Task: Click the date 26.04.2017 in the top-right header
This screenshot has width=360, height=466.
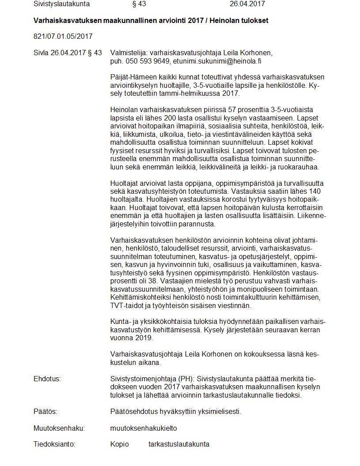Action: (x=247, y=4)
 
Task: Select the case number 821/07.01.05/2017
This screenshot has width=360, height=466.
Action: (x=63, y=36)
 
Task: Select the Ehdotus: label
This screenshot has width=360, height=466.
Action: (x=47, y=379)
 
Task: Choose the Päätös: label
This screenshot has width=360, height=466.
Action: (x=45, y=412)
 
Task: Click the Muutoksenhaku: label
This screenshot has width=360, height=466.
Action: (x=59, y=428)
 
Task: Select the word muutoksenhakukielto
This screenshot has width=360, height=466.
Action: (x=143, y=428)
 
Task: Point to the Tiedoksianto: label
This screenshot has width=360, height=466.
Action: (x=54, y=444)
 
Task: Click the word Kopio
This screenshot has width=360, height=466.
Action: (x=120, y=444)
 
